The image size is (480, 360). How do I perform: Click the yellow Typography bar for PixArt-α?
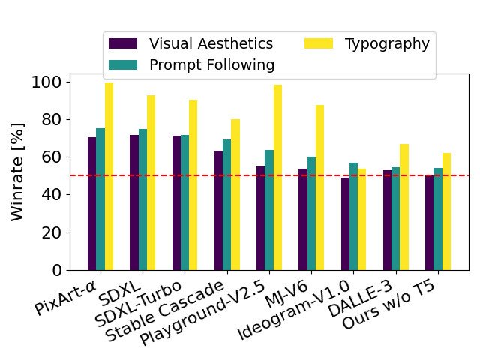click(109, 176)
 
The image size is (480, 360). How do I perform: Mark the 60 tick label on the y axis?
click(53, 157)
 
